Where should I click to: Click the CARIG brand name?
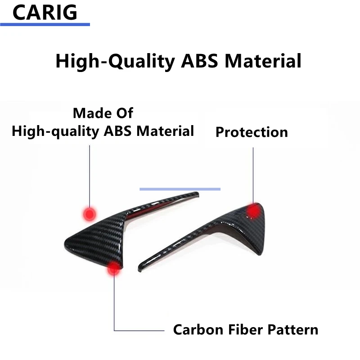(45, 13)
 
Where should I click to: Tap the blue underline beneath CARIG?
(45, 24)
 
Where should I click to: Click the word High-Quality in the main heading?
(115, 61)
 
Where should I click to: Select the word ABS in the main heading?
(199, 61)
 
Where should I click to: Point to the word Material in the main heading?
(263, 61)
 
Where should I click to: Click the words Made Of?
(103, 113)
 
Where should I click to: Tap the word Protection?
(252, 132)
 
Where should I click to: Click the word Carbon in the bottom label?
(198, 330)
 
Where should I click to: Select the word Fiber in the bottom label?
(245, 330)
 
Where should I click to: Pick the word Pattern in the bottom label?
(293, 330)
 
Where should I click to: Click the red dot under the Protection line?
(253, 211)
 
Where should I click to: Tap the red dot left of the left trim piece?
(89, 214)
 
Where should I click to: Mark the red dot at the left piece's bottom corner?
(114, 268)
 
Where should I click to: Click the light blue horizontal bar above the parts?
(180, 189)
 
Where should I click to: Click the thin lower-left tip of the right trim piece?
(139, 269)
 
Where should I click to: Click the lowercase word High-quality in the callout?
(55, 131)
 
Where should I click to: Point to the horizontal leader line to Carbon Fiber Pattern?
(139, 331)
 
